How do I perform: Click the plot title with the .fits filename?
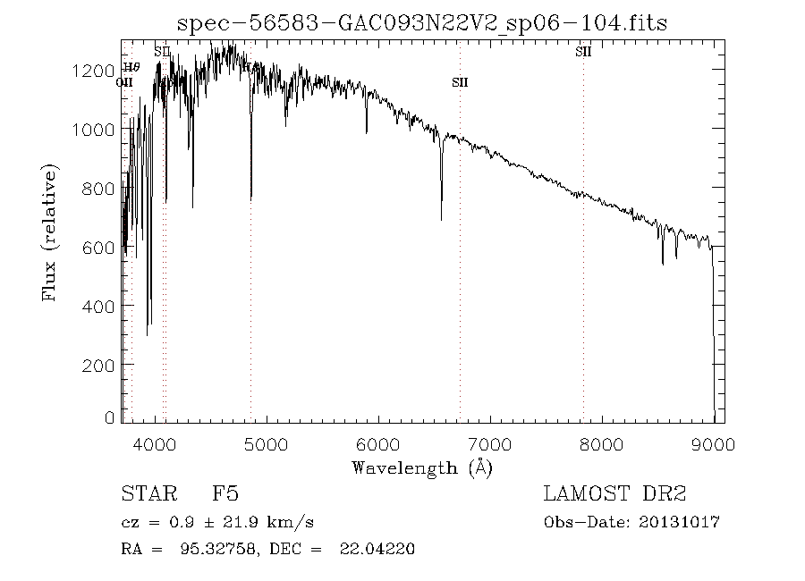(421, 23)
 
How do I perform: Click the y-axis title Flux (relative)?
(51, 232)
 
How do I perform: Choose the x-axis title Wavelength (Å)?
(421, 467)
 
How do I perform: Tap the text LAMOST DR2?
(614, 494)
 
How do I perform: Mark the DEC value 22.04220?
(376, 549)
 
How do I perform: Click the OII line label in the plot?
(124, 82)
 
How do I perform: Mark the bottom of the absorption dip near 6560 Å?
(441, 219)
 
